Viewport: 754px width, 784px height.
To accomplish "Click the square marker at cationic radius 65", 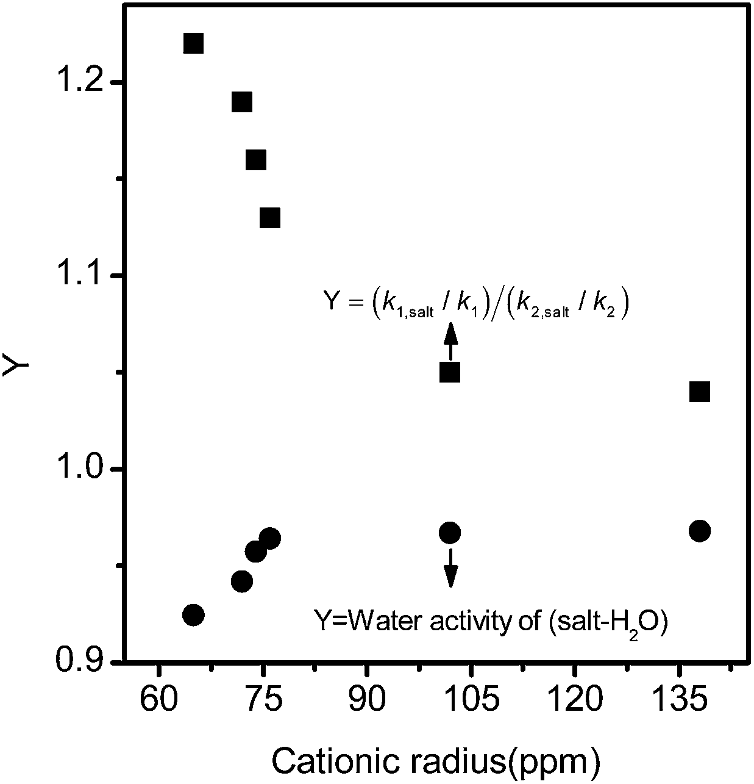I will point(193,43).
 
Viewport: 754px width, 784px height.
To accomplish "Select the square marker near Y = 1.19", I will point(242,102).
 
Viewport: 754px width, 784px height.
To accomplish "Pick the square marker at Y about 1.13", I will point(270,218).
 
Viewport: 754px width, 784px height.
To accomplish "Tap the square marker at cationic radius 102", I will point(450,372).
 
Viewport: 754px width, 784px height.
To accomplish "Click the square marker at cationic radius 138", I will point(700,392).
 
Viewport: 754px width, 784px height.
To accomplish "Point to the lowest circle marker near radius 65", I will point(193,614).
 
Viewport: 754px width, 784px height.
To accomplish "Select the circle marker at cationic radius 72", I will point(242,581).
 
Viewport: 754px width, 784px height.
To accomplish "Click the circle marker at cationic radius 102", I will point(450,533).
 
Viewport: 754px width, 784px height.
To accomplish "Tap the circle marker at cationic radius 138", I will point(700,531).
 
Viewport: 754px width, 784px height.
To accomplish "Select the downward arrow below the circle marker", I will point(450,568).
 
